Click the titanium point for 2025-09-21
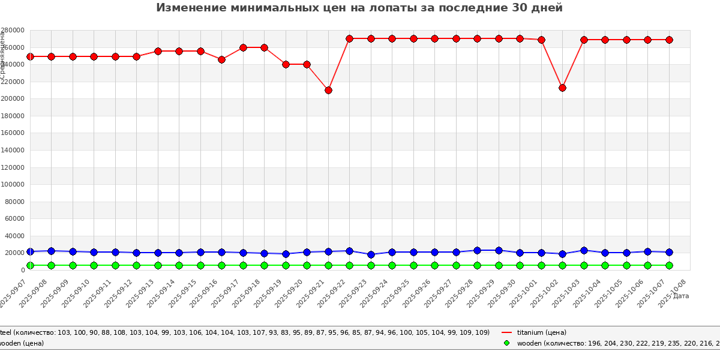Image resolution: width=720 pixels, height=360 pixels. (x=328, y=90)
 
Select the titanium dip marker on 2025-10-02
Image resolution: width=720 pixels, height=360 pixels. (x=562, y=88)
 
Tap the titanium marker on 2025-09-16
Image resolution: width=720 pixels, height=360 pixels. (x=221, y=59)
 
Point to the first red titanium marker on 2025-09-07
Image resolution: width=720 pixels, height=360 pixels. (x=30, y=56)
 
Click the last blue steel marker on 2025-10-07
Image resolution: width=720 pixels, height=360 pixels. (x=669, y=252)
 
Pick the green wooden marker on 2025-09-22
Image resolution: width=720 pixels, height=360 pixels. (x=349, y=265)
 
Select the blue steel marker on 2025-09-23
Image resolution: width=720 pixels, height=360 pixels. (x=371, y=254)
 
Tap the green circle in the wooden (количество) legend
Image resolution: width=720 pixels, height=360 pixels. (x=506, y=343)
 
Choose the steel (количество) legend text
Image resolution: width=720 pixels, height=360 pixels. (x=240, y=332)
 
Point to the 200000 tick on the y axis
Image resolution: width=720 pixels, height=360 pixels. (x=12, y=99)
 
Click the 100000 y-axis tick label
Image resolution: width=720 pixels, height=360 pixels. (x=12, y=185)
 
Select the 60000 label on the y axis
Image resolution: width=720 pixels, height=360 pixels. (x=14, y=219)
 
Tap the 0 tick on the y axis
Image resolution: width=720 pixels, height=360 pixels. (x=22, y=271)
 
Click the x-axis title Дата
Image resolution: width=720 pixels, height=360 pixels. (x=681, y=296)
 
